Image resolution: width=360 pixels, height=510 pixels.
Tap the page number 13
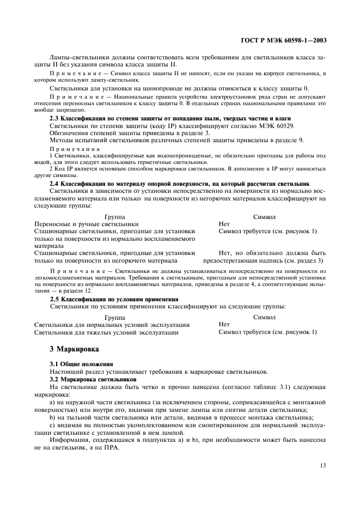tap(321, 465)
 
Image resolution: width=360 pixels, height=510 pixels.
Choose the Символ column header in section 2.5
tap(264, 317)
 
